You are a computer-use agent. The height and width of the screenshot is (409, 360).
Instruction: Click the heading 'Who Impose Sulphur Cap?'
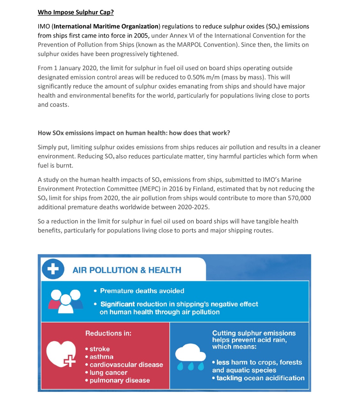tap(76, 12)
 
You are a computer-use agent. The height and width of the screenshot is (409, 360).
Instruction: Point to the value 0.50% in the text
tap(199, 77)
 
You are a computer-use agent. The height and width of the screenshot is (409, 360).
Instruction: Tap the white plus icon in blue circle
tap(53, 269)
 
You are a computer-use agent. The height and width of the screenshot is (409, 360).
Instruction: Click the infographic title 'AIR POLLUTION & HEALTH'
tap(127, 270)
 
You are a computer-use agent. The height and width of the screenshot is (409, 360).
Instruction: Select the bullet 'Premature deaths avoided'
tap(142, 291)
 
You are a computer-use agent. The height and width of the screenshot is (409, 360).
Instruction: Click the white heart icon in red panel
tap(61, 354)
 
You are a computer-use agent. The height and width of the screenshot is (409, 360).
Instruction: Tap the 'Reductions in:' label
tap(108, 334)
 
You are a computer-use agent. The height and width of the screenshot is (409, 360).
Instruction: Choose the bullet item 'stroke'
tap(100, 349)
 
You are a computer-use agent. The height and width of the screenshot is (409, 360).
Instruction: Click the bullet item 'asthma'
tap(101, 357)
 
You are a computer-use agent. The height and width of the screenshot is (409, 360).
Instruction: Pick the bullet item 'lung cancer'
tap(108, 373)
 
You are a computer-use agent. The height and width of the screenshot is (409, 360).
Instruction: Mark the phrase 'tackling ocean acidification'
tap(260, 378)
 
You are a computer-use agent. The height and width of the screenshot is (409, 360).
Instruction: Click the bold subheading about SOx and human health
tap(134, 133)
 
